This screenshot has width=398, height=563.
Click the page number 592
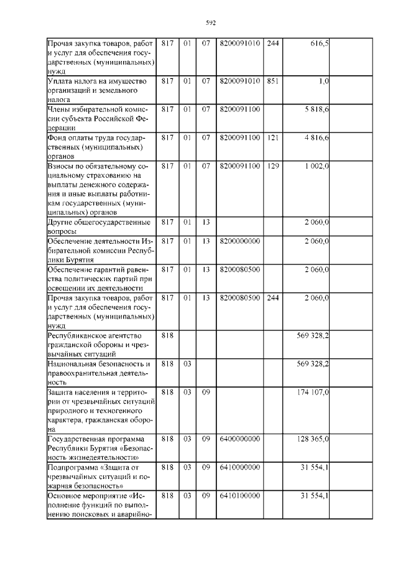(x=210, y=23)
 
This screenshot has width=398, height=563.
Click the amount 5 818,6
(x=316, y=109)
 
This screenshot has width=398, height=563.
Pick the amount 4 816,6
(x=316, y=137)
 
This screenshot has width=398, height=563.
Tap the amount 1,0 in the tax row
(x=323, y=81)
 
